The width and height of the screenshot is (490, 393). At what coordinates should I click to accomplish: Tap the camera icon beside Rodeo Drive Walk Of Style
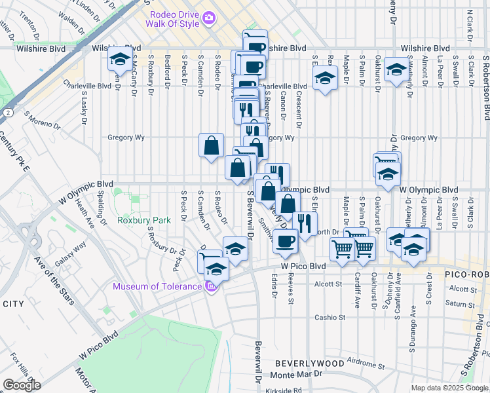pyautogui.click(x=209, y=18)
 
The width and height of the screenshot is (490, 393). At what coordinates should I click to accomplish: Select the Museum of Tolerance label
pyautogui.click(x=157, y=286)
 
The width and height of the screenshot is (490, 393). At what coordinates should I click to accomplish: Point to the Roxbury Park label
pyautogui.click(x=144, y=220)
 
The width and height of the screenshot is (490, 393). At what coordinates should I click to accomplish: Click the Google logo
pyautogui.click(x=22, y=385)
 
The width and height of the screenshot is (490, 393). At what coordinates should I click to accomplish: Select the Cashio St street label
pyautogui.click(x=329, y=317)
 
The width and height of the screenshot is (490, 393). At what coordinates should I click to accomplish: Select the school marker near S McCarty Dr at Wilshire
pyautogui.click(x=119, y=60)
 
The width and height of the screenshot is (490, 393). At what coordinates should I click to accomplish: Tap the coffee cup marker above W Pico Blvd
pyautogui.click(x=284, y=241)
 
